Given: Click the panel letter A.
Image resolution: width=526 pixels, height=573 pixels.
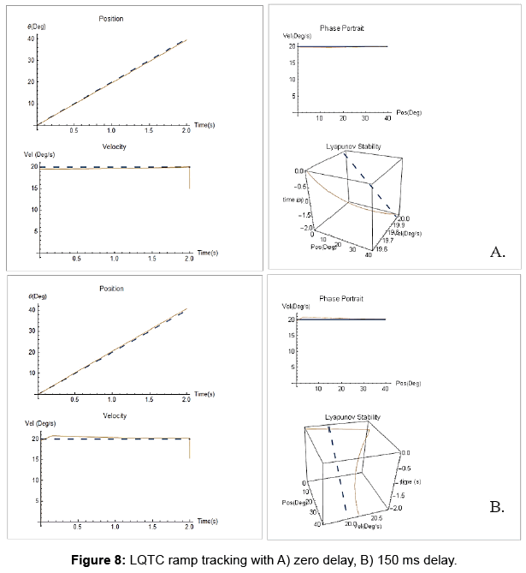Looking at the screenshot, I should pos(498,252).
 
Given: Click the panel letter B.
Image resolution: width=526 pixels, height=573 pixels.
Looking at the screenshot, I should pos(497,508).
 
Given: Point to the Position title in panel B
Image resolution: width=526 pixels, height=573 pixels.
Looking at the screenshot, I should pos(111,288).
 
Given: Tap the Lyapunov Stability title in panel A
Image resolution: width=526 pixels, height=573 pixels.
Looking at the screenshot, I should pos(352,147).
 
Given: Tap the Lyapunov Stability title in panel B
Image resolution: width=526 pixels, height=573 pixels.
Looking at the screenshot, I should pos(352,417).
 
